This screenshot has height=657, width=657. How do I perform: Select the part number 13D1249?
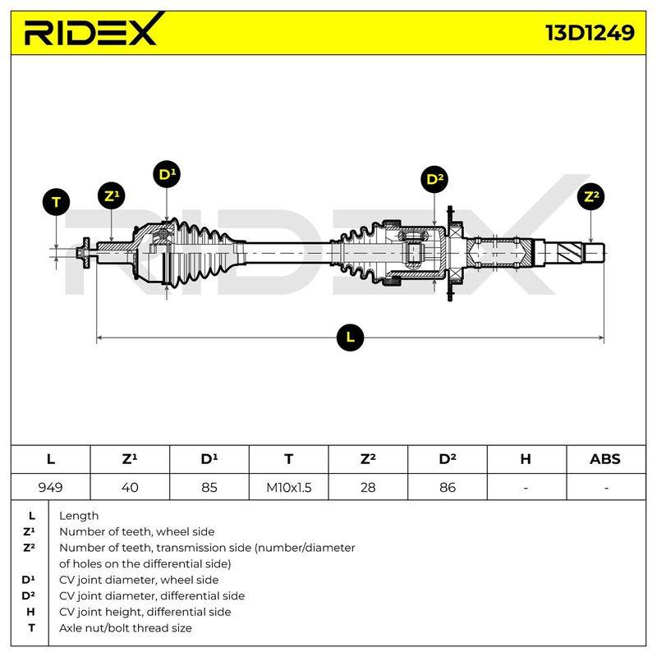(590, 33)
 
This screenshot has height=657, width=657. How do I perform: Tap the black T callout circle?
(56, 202)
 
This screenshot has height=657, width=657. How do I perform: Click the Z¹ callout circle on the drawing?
(112, 195)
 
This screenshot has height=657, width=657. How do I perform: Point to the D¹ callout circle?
(167, 174)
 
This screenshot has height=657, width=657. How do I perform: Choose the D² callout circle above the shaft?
(434, 179)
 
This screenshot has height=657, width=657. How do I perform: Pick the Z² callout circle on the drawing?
(590, 196)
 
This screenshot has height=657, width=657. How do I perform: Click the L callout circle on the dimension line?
(350, 338)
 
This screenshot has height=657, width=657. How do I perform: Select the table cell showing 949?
(50, 487)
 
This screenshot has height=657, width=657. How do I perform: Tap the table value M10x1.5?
(289, 487)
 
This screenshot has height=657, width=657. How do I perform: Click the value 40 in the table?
(130, 487)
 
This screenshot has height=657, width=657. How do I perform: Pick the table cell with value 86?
(448, 487)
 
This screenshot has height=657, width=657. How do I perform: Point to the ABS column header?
(605, 459)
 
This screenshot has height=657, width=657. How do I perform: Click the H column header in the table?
(526, 459)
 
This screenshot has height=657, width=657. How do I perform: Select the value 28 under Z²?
(368, 487)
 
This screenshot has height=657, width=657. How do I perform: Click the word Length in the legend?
(79, 516)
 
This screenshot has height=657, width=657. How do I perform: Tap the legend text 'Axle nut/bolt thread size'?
(126, 628)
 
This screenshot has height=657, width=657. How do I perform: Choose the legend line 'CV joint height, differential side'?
(145, 612)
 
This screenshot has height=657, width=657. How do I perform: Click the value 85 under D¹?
(209, 487)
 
